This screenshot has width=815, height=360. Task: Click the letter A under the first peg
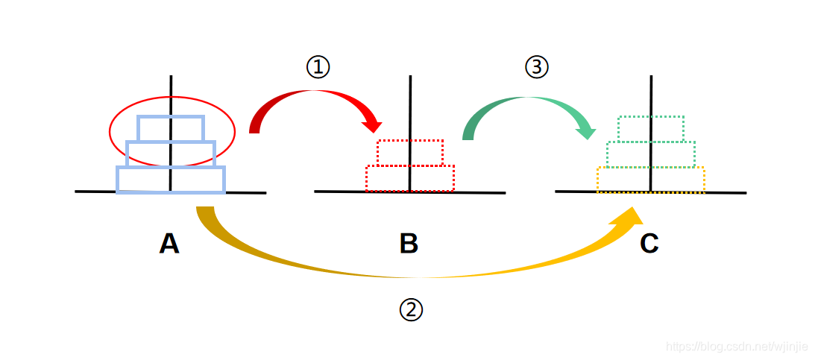tap(169, 244)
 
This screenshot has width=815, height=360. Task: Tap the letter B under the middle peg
tap(409, 244)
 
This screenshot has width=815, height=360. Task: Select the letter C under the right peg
tap(649, 244)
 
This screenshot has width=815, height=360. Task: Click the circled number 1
tap(318, 67)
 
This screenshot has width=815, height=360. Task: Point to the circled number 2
tap(411, 310)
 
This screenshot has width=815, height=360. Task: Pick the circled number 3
tap(536, 67)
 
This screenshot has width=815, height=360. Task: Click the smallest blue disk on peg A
tap(154, 128)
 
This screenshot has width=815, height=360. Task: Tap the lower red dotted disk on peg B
tap(387, 178)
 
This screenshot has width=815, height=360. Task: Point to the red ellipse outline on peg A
tap(110, 131)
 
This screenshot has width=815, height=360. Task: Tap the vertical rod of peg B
tap(409, 104)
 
